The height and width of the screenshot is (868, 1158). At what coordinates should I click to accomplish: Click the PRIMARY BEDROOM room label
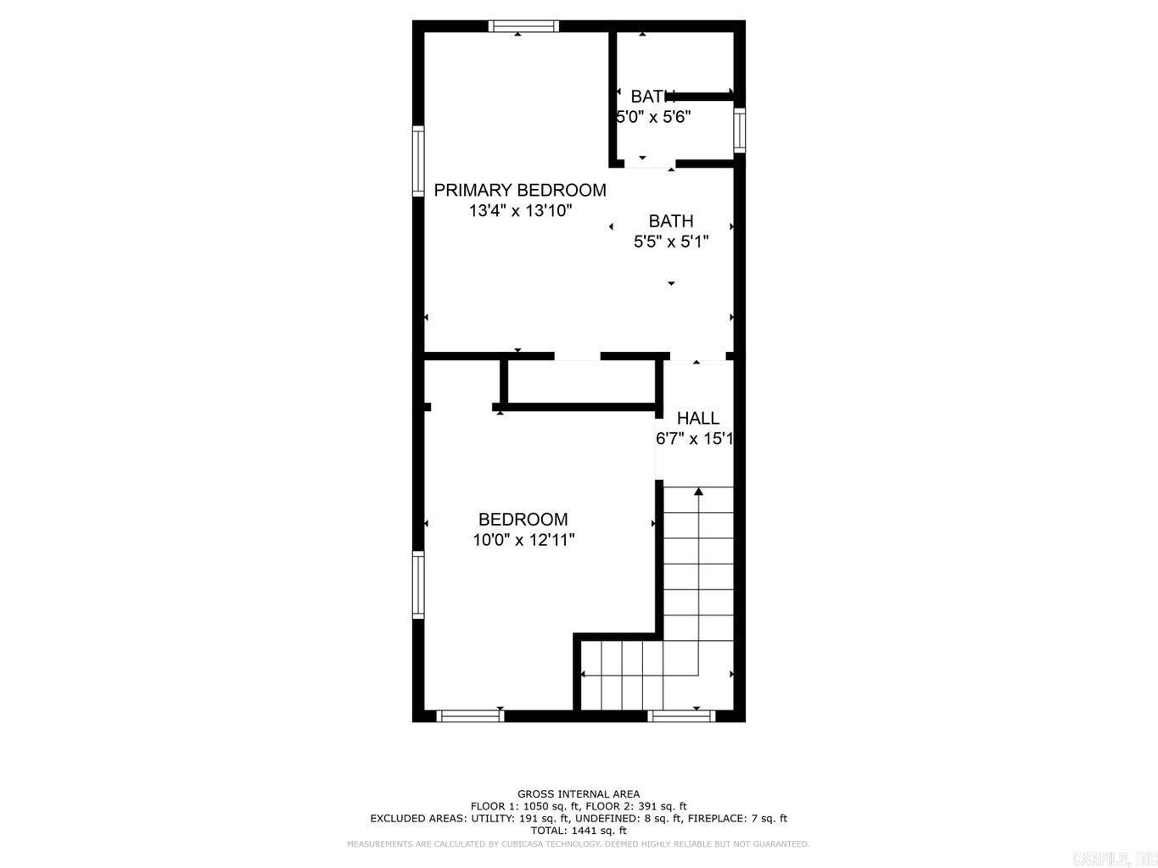point(519,190)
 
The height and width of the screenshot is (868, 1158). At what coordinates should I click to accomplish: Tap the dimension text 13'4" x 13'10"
point(520,211)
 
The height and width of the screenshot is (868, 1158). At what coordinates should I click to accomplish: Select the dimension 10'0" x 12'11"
point(523,540)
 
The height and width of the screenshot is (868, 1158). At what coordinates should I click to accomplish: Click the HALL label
point(697,418)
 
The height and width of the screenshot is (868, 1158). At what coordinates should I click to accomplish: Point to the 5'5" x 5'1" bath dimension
point(670,242)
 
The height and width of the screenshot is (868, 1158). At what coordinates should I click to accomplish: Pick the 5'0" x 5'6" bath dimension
point(653,117)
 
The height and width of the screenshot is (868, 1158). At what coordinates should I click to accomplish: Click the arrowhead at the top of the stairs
point(698,491)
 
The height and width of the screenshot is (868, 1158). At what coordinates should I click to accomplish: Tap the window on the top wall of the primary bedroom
point(523,26)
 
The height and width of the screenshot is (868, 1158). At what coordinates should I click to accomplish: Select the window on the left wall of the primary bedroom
point(417,161)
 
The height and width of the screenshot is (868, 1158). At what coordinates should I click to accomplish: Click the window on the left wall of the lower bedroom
point(417,584)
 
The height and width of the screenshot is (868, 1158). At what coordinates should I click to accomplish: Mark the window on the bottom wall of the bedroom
point(470,716)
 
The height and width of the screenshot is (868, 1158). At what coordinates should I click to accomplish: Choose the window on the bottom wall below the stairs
point(681,716)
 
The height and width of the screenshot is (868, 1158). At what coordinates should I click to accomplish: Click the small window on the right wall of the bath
point(739,130)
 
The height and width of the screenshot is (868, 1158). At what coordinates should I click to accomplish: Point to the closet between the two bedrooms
point(580,383)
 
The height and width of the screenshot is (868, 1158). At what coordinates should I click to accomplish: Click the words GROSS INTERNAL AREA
point(579,794)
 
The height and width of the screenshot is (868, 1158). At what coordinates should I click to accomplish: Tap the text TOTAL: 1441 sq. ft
point(579,831)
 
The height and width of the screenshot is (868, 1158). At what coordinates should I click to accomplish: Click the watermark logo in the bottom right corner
point(1114,859)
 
